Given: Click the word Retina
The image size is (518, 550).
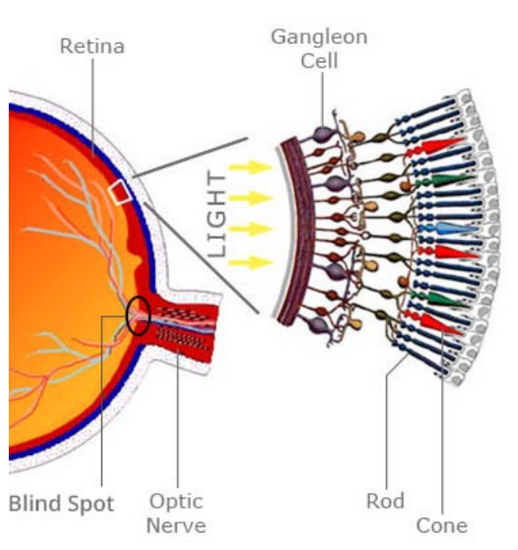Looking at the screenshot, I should click(x=92, y=46).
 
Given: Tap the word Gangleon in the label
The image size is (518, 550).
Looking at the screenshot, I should click(x=319, y=37).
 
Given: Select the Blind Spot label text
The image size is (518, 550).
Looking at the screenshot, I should click(x=62, y=504).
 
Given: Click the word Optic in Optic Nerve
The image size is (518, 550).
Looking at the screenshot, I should click(x=176, y=502).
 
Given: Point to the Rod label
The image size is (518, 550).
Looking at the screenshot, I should click(x=385, y=501).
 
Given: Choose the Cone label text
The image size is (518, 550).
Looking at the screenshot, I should click(x=441, y=525).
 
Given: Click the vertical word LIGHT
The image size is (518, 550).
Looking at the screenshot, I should click(x=217, y=213).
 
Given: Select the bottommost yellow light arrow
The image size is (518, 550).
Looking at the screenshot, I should click(x=249, y=261).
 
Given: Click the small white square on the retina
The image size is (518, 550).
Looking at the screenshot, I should click(x=120, y=192).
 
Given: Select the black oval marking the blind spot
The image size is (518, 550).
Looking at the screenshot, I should click(x=137, y=317).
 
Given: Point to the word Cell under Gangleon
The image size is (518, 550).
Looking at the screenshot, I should click(x=319, y=61).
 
